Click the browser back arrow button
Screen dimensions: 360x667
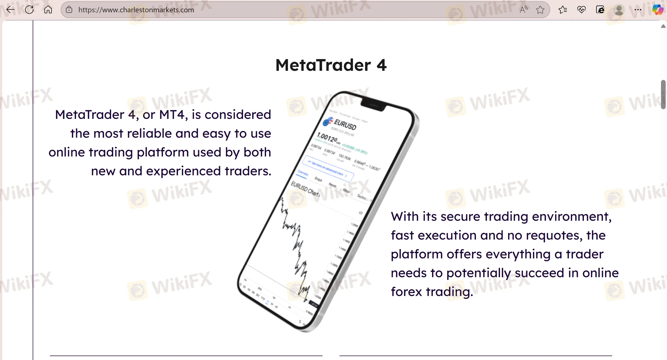point(10,10)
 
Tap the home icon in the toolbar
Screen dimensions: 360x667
point(48,10)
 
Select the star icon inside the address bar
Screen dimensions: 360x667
point(540,10)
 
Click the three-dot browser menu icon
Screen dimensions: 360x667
point(638,10)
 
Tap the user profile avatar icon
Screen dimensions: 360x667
point(619,10)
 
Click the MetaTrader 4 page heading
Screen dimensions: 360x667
point(331,65)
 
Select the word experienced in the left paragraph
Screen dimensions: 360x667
point(183,171)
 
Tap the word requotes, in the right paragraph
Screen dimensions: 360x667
point(554,235)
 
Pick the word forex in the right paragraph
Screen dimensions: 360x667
point(406,292)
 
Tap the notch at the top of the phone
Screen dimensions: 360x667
point(373,106)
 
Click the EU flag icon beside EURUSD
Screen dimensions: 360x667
point(327,121)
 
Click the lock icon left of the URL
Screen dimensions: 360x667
point(69,10)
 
